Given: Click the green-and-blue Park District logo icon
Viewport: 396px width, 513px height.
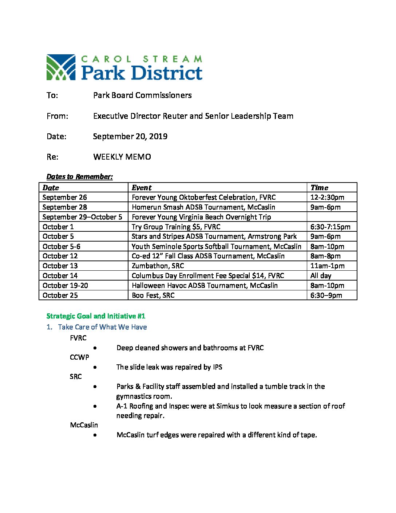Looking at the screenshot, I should coord(61,67).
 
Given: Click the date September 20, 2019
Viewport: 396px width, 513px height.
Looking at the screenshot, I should coord(130,137).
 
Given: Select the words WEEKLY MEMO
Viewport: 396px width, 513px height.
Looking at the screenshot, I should coord(122,157).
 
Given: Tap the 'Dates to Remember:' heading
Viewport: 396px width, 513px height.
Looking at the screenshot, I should coord(79,177).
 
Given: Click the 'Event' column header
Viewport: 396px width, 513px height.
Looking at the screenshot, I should coord(142,188).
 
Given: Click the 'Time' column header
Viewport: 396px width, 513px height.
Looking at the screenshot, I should coord(319,188).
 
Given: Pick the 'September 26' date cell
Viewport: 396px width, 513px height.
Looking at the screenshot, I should coord(65,197).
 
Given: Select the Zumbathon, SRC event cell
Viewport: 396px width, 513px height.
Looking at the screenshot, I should coord(158,266).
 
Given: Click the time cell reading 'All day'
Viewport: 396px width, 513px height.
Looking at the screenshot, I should coord(321,276).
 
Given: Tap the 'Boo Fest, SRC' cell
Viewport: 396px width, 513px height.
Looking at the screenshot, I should coord(153,295).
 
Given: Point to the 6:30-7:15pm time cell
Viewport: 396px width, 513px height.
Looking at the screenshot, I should coord(330,227).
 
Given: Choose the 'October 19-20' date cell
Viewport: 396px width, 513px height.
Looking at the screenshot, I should coord(65,286).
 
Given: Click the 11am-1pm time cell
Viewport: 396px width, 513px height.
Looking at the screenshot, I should coord(327,266).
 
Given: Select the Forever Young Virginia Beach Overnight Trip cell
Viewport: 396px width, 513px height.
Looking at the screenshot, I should coord(201,217).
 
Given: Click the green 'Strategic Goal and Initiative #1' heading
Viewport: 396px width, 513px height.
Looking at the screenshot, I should coord(96,316).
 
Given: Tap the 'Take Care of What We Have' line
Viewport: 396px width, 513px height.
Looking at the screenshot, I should coord(102,327).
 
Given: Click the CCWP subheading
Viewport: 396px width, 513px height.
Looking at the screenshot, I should coord(79,357).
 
